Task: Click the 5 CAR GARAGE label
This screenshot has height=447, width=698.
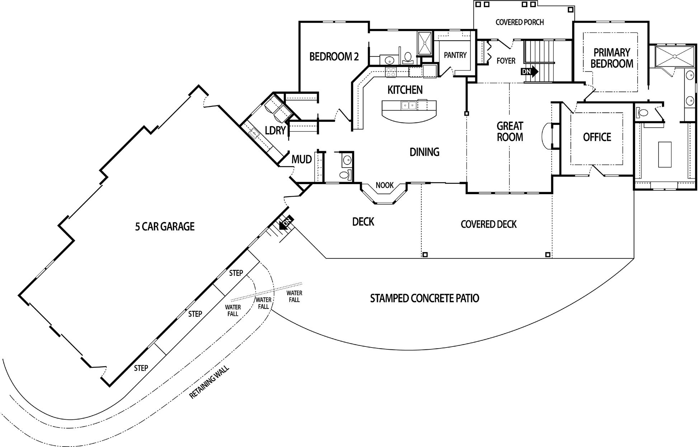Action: (165, 227)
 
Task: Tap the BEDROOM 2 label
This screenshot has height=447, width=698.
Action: (334, 57)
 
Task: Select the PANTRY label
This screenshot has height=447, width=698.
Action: (455, 55)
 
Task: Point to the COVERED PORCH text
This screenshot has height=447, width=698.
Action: (519, 22)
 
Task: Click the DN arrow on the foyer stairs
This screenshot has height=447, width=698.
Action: (529, 71)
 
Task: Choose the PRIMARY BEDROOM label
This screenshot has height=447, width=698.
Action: (612, 58)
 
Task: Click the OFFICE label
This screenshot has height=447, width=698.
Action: (597, 137)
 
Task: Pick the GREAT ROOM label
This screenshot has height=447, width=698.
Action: (510, 131)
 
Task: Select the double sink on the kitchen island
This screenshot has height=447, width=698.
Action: (409, 106)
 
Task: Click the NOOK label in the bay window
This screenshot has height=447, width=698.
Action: (385, 185)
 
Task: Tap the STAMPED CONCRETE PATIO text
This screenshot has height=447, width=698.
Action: (424, 298)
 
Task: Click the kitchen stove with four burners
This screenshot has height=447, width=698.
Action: (391, 71)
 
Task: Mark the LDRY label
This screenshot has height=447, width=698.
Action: (275, 131)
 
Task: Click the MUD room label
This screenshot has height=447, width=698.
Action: (301, 159)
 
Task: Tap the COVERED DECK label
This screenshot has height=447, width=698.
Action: (489, 224)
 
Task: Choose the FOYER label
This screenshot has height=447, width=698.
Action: (506, 61)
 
